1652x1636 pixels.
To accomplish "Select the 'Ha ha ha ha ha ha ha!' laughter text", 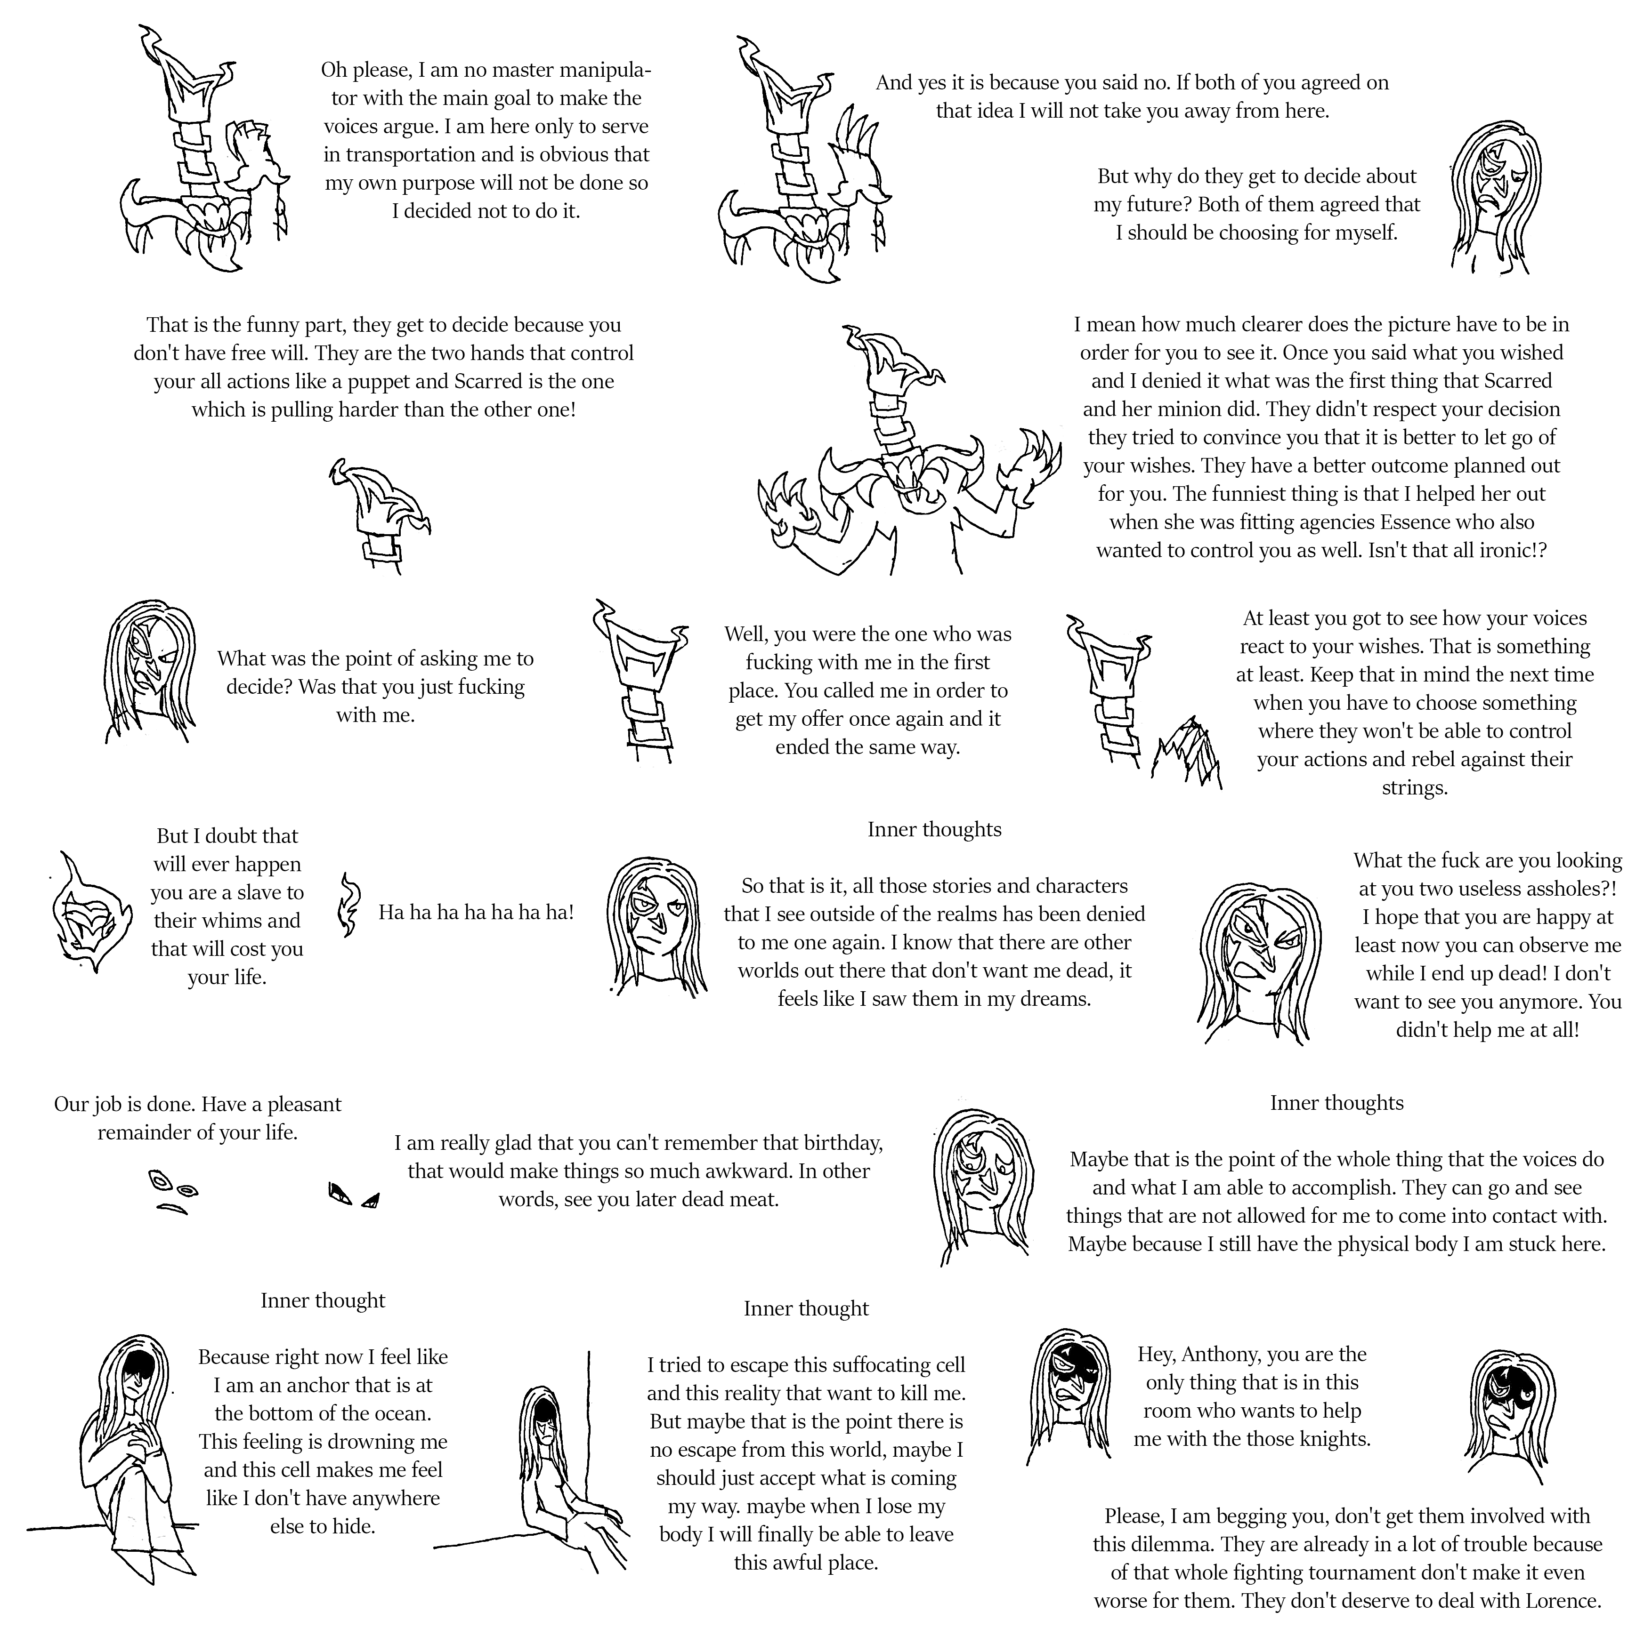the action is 476,912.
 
